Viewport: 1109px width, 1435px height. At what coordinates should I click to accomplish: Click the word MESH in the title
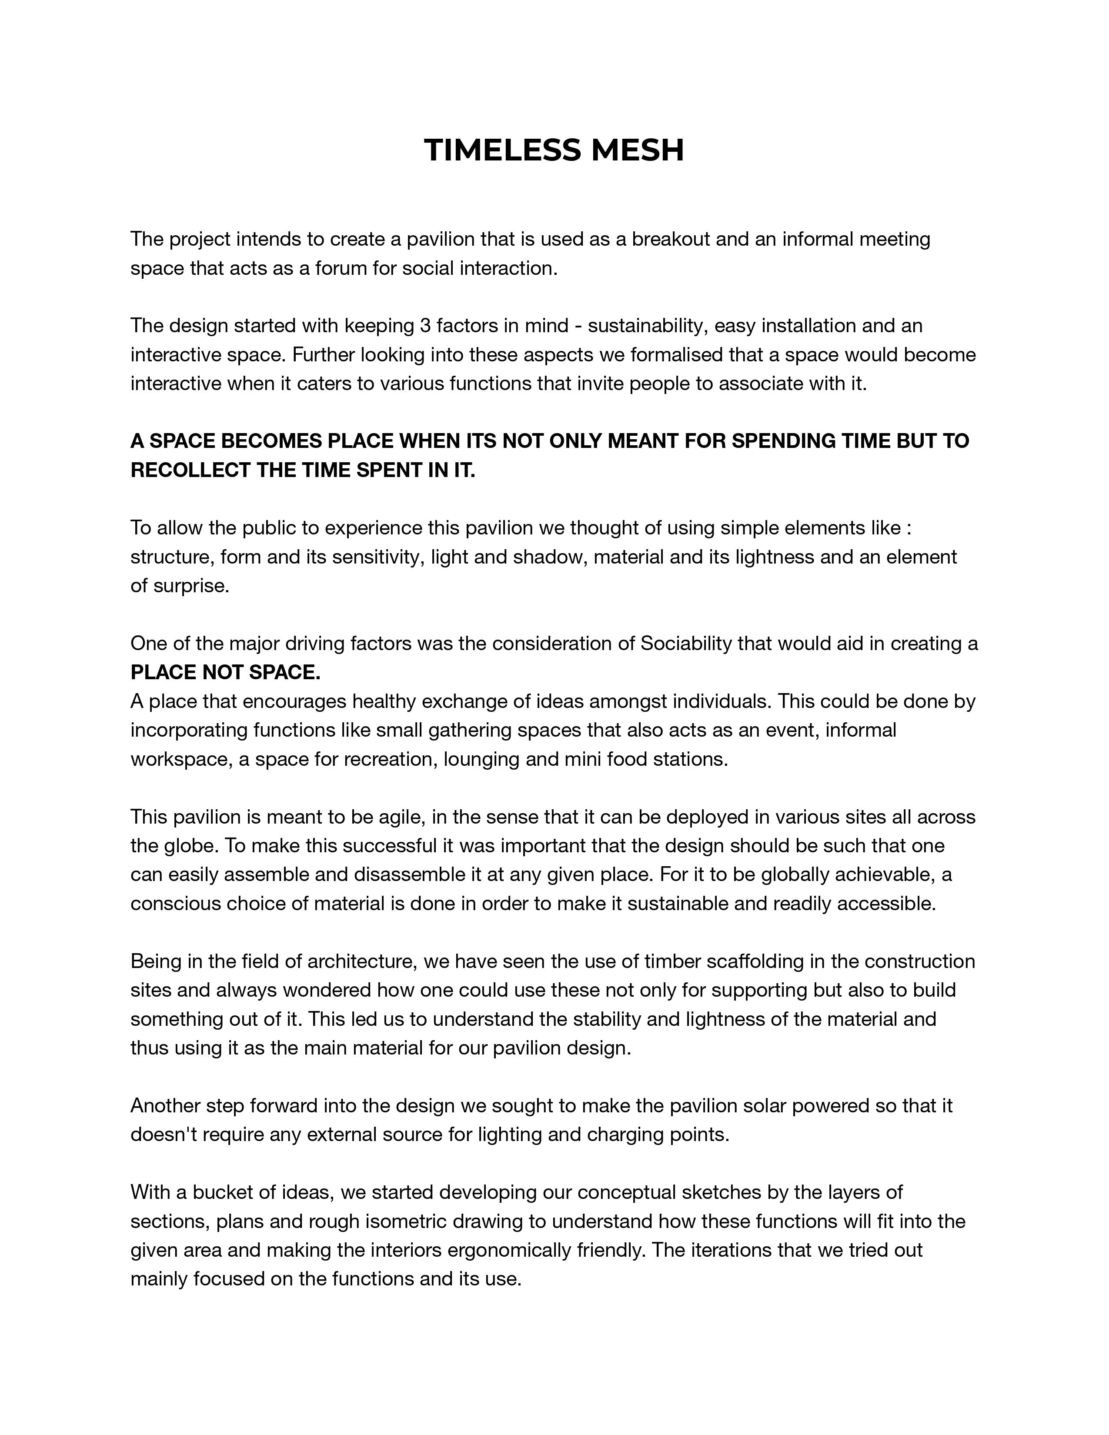pos(637,150)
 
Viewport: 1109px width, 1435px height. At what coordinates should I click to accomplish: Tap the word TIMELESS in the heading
pos(503,150)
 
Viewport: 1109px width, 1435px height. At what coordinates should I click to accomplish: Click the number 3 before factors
pos(424,326)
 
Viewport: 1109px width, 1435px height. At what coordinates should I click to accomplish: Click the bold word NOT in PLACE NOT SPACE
pos(223,673)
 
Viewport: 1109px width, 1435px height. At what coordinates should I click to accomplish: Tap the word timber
pos(672,962)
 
